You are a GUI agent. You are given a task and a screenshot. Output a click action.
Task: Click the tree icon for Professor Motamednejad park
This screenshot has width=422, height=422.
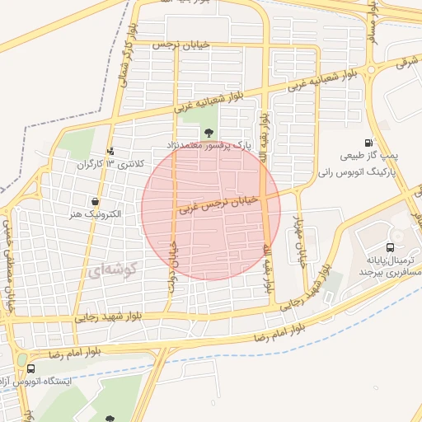(x=207, y=132)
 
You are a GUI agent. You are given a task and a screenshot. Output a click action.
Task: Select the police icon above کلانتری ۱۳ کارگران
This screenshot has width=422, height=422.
(x=111, y=151)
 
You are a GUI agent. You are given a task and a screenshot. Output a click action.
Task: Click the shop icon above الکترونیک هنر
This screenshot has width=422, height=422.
(x=96, y=201)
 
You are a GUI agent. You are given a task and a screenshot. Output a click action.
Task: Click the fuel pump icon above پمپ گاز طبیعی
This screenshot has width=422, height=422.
(x=379, y=142)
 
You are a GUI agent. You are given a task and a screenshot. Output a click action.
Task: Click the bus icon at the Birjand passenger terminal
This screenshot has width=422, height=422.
(x=390, y=246)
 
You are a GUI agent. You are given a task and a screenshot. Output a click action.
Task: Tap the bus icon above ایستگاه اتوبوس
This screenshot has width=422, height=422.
(x=30, y=369)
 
